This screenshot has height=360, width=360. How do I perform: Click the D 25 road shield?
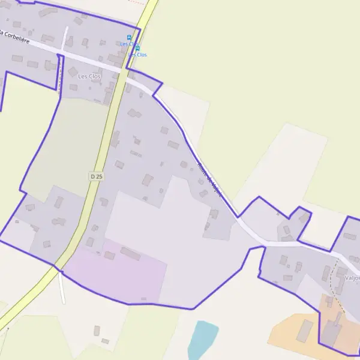(95, 176)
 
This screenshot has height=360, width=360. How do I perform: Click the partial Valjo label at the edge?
(352, 278)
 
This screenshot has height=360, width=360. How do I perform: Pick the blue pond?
(202, 340)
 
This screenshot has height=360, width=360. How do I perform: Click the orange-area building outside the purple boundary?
(304, 331)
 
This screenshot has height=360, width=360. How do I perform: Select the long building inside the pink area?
(130, 254)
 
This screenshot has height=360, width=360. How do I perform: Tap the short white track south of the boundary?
(62, 288)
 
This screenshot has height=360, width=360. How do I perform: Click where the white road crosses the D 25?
(122, 71)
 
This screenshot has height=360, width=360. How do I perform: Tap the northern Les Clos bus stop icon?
(129, 37)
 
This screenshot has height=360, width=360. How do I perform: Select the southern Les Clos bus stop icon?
(137, 47)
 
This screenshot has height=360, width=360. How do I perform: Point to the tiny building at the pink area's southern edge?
(143, 298)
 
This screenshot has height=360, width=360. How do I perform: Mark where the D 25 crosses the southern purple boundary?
(56, 265)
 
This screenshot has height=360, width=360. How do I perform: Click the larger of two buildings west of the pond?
(97, 330)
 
